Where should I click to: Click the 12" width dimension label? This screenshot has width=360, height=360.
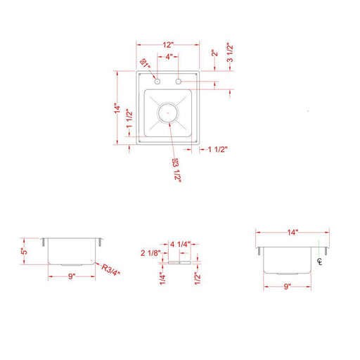[168, 45]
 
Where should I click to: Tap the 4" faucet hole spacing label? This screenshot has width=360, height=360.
[169, 57]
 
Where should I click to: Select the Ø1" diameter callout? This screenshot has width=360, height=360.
[145, 63]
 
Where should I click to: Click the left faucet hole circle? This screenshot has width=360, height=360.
[157, 82]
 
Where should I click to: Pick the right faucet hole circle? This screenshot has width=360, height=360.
[179, 82]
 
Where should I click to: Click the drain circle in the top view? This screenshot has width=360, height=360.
[168, 112]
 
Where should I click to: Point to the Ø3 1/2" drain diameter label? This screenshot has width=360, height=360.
[176, 170]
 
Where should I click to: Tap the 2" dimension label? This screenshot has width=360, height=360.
[214, 53]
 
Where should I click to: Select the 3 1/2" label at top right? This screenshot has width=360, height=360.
[230, 53]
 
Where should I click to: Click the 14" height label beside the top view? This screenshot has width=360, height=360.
[117, 108]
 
